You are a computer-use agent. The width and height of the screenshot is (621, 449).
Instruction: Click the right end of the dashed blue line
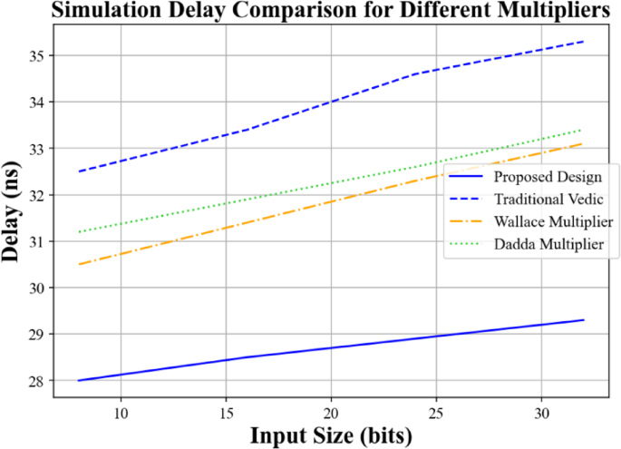coord(583,42)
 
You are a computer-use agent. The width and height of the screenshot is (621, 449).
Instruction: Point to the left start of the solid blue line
coord(78,381)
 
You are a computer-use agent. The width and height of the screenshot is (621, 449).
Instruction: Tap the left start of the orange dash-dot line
coord(78,264)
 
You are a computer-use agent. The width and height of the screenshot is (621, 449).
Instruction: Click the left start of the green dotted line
coord(78,232)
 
